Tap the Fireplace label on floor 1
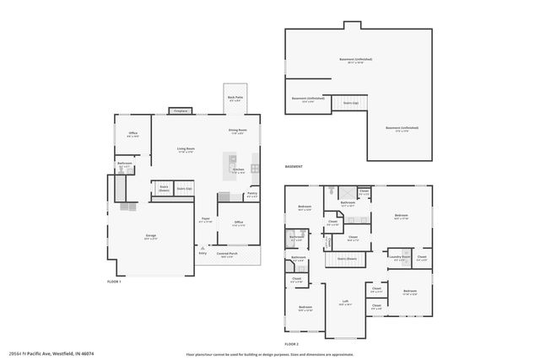180,110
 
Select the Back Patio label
236,99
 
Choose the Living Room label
186,150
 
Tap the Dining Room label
237,131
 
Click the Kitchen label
238,170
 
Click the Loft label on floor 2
344,302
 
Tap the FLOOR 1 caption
115,281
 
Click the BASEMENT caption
294,167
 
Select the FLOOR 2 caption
292,344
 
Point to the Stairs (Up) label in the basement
351,103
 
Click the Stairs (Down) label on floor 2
347,258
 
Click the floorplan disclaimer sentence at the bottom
269,354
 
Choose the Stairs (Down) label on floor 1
163,189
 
